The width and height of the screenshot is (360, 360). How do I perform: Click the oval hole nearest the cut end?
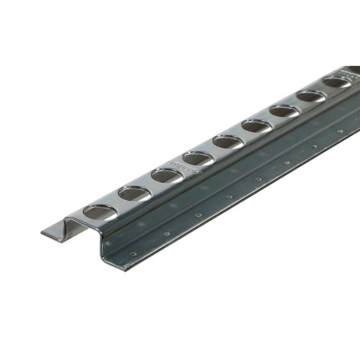(100, 212)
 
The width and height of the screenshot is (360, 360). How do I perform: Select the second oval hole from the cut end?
(134, 193)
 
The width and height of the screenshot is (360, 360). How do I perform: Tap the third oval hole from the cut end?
(167, 175)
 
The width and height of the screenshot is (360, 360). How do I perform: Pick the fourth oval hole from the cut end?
(198, 157)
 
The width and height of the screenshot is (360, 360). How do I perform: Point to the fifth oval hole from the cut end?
(228, 141)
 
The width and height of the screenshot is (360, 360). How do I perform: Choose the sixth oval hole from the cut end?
(256, 125)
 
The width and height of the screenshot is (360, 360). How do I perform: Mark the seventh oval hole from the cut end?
(284, 111)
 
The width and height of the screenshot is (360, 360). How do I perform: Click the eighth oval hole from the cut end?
(311, 96)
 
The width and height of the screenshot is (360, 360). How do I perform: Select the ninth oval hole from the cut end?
(336, 82)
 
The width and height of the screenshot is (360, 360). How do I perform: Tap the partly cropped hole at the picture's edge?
(354, 69)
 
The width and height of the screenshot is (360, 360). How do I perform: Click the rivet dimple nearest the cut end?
(133, 254)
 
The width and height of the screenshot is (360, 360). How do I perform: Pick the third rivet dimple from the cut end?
(198, 215)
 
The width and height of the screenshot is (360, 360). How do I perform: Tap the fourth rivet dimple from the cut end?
(228, 197)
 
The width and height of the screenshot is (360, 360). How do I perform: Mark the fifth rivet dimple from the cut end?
(258, 180)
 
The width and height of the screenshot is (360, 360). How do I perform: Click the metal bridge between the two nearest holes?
(117, 203)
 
